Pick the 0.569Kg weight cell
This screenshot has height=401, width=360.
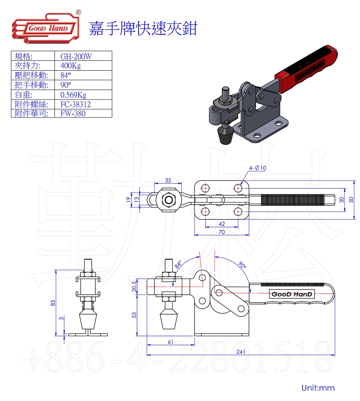coord(73,95)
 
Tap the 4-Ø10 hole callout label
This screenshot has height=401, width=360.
coord(258,168)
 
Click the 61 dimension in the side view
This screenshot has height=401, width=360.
coord(171,342)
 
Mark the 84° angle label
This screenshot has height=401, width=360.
coord(178,264)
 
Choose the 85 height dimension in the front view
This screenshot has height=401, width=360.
coord(53,302)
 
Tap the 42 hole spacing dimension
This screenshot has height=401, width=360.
coord(221,224)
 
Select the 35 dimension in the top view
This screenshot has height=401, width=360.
coord(168,180)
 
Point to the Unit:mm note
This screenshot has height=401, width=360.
coord(318,387)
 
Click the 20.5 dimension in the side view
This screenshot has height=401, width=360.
coord(133,286)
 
